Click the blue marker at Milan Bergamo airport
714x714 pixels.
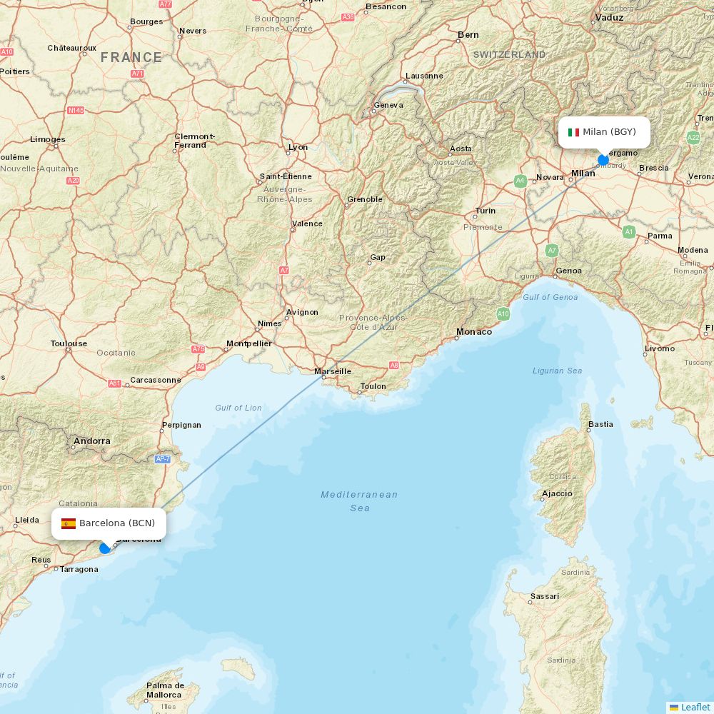603,160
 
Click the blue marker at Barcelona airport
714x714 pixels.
105,548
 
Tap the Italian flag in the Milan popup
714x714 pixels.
573,132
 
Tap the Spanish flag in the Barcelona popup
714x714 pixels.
69,523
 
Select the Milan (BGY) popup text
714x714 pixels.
609,132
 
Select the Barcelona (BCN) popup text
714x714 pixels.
117,523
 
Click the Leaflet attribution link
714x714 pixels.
695,707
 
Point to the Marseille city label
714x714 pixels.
333,371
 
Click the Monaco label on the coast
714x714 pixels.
474,331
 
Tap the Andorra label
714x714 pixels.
92,441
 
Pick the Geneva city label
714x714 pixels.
388,105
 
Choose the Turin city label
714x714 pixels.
486,211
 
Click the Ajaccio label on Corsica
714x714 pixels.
557,493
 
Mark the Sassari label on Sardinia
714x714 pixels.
545,596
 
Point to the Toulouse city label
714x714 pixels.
69,343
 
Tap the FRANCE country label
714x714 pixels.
131,57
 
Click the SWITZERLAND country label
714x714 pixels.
509,55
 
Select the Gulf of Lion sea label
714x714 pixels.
238,408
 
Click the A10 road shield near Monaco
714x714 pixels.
503,313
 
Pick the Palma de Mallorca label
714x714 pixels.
164,690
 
